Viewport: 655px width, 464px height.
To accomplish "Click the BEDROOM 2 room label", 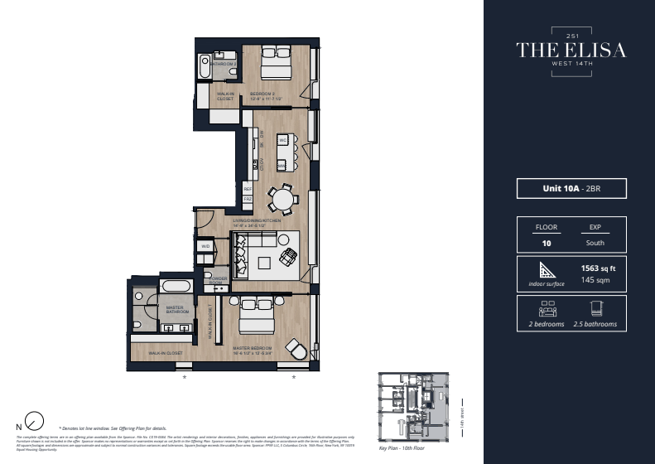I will coord(262,94).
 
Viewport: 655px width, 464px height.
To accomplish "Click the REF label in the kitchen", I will coord(248,189).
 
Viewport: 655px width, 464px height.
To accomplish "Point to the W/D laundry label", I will coord(205,247).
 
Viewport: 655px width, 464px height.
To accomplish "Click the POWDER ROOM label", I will coord(219,280).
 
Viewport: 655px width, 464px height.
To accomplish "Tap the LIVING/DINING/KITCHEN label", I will coord(262,222).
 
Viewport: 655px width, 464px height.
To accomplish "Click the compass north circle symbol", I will coord(36,420).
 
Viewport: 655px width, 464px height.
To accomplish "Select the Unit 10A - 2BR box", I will coord(571,189).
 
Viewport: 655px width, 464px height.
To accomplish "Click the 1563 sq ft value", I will coord(596,269).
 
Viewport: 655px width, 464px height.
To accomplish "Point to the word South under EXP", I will coord(595,243).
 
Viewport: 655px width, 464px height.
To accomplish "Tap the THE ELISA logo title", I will coord(571,50).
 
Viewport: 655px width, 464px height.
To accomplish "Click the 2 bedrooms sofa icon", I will coord(547,309).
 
